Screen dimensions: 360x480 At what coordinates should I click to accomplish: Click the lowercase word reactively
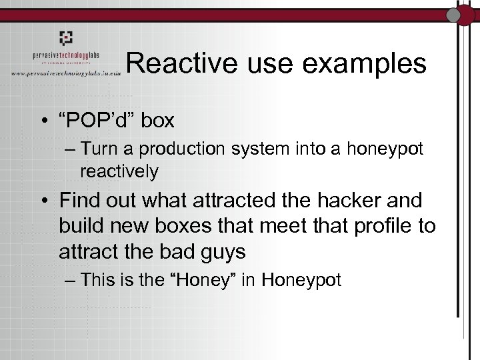pos(119,171)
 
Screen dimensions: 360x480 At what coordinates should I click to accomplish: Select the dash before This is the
pos(71,280)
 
